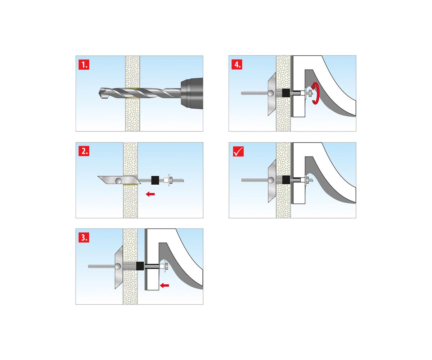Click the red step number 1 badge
(84, 64)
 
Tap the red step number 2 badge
(84, 151)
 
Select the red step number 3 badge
(84, 237)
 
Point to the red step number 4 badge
(237, 64)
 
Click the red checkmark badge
(238, 151)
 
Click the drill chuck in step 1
(192, 93)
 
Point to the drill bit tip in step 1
(100, 93)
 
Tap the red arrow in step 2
(150, 194)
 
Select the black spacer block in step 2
(155, 180)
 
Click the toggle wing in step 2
(119, 180)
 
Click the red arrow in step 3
(165, 285)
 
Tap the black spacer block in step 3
(140, 266)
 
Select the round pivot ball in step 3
(118, 266)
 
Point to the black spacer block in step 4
(286, 93)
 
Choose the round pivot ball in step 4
(271, 93)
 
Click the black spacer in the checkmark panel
(286, 180)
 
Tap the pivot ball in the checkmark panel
(271, 180)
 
